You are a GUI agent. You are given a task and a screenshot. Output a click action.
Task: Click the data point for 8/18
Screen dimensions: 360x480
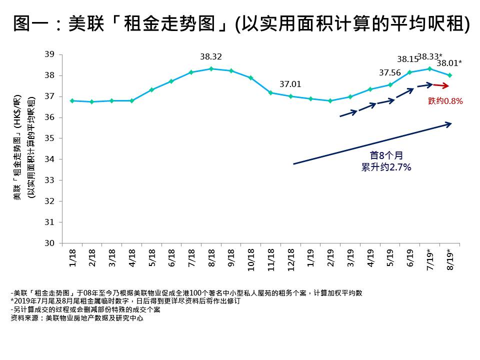coord(211,68)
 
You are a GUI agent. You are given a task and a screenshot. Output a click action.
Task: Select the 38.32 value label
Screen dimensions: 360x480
coord(211,57)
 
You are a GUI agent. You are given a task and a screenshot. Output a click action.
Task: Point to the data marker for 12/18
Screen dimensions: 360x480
coord(290,96)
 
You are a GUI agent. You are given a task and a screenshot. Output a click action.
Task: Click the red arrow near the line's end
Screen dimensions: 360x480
coord(440,86)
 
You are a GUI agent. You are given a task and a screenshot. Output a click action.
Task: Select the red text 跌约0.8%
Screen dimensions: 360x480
coord(445,101)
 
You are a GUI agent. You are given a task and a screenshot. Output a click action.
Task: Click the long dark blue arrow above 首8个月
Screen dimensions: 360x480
coord(372,143)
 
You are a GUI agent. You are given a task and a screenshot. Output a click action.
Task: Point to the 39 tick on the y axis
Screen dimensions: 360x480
coord(50,54)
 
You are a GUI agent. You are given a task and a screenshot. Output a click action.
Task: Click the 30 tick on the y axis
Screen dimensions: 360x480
coord(50,243)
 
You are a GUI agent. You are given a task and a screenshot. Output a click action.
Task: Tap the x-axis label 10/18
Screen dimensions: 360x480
coord(251,260)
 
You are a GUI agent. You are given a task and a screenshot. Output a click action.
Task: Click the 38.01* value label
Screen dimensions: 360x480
coord(449,63)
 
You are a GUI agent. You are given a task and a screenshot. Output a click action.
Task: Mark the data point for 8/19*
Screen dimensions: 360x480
coord(449,75)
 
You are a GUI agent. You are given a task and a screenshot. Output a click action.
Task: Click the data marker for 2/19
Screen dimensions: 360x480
coord(330,100)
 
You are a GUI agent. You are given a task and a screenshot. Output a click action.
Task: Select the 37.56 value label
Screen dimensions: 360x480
coord(390,73)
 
